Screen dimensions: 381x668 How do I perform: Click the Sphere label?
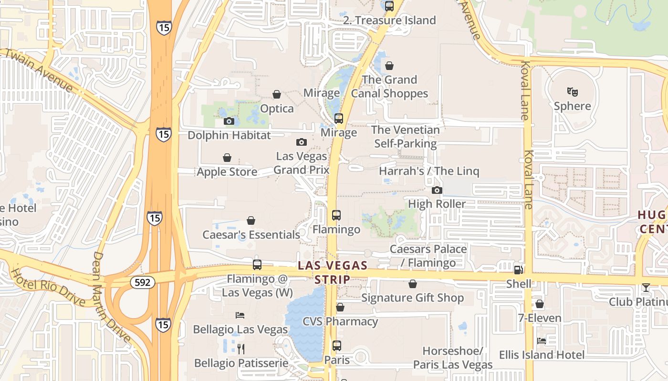pos(572,106)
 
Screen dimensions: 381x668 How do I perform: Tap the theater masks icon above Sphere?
pos(572,91)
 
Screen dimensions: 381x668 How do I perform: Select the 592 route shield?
pos(142,282)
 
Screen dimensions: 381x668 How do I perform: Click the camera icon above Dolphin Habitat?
pos(229,121)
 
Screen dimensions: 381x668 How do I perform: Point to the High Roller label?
pos(437,204)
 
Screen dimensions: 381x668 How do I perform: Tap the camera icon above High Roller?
pos(437,190)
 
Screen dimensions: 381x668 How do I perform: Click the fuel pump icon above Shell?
pos(518,270)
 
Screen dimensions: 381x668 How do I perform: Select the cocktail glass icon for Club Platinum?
pos(646,287)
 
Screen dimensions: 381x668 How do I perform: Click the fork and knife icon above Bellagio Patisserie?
pos(241,349)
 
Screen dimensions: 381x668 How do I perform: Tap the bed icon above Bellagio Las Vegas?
pos(240,315)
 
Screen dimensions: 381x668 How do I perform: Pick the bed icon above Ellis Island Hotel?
pos(542,341)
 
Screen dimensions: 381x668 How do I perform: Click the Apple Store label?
pos(227,171)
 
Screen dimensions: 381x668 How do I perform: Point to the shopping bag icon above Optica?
pos(277,94)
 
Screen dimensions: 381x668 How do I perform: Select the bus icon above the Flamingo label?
pos(336,215)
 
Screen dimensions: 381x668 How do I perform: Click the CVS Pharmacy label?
pos(340,321)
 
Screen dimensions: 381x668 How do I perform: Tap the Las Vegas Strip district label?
pos(333,272)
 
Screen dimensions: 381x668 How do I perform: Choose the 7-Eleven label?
pos(540,318)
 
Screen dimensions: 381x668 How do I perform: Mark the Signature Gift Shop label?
pos(412,298)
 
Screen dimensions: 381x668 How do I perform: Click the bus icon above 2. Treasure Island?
pos(389,6)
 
